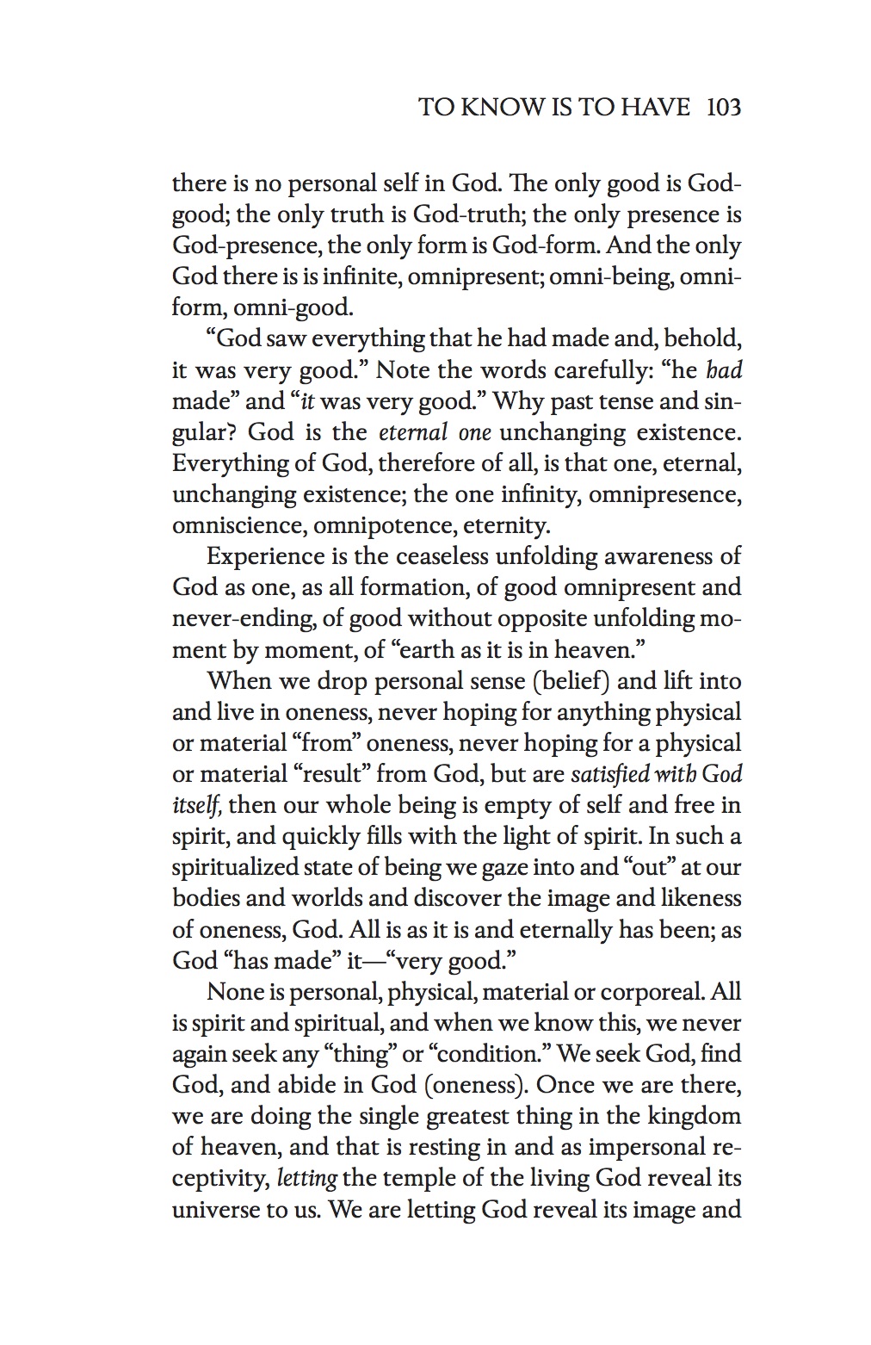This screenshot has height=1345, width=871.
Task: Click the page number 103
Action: pyautogui.click(x=723, y=108)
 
